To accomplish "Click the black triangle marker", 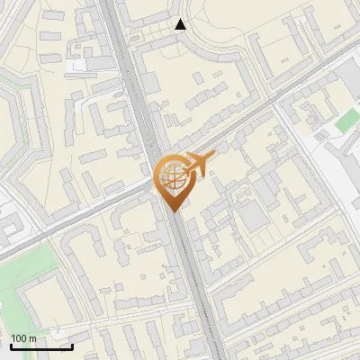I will pos(181,24).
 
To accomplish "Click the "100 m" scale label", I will pos(24,338).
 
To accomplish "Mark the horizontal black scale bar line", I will pos(41,346).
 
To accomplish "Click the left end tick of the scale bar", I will pos(11,345).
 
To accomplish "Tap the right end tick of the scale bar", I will pos(72,345).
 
